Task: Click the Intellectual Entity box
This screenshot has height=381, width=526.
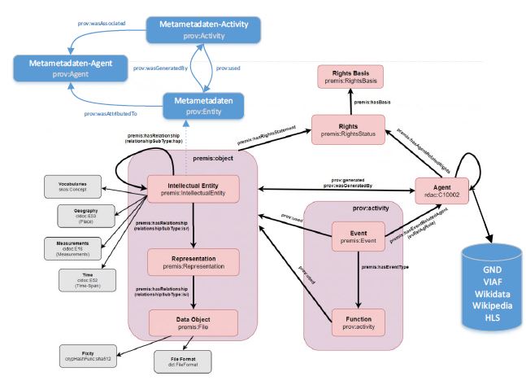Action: click(193, 189)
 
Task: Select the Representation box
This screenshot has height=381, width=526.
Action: click(193, 261)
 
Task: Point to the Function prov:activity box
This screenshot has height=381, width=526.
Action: click(358, 321)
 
